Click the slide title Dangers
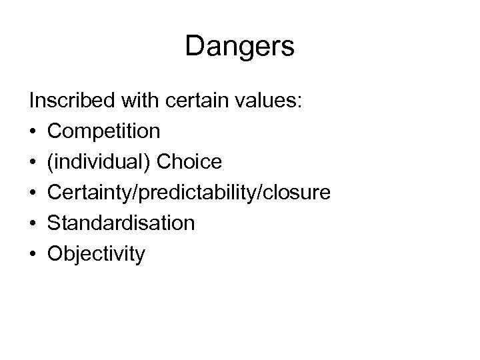click(x=240, y=47)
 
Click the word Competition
click(x=104, y=131)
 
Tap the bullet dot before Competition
click(x=33, y=131)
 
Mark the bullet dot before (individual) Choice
click(x=33, y=162)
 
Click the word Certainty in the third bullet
click(x=89, y=193)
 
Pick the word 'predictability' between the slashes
click(x=201, y=193)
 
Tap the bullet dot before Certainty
click(x=33, y=193)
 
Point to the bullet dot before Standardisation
click(x=33, y=223)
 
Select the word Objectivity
click(x=96, y=254)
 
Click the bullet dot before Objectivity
click(x=33, y=254)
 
